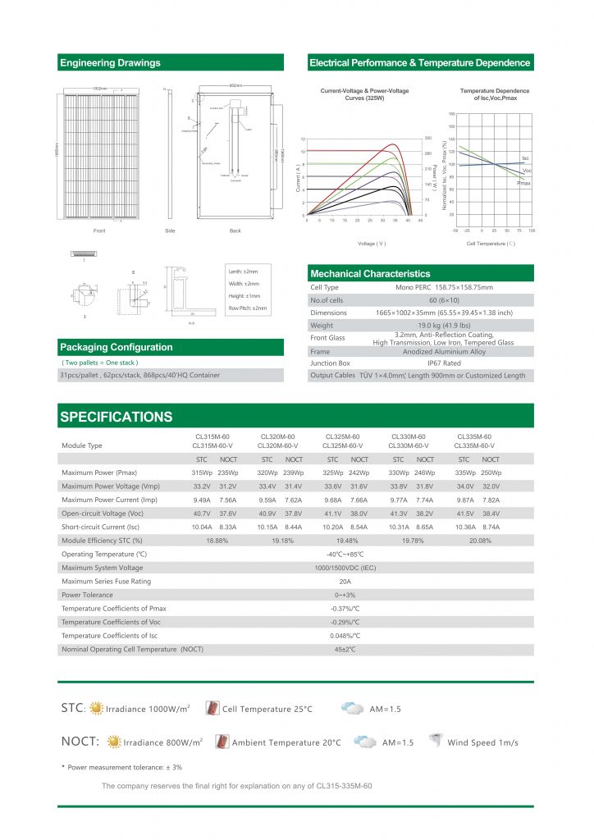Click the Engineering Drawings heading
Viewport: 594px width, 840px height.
click(x=110, y=63)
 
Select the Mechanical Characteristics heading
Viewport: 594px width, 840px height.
click(x=369, y=273)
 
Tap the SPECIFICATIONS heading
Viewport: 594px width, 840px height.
click(x=117, y=417)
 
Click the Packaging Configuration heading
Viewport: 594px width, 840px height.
click(x=117, y=347)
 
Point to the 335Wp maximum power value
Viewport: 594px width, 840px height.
click(x=464, y=473)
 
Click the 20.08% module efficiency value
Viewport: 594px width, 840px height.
click(x=479, y=541)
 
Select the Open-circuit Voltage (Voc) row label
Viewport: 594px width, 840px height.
click(x=106, y=514)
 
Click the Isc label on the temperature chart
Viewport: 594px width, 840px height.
click(x=525, y=157)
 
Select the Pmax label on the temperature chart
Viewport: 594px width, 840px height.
click(x=523, y=183)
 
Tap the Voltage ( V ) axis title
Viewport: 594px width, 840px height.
click(x=372, y=244)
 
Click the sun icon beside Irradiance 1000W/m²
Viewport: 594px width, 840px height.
click(x=97, y=708)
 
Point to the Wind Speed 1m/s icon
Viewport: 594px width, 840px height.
click(x=435, y=741)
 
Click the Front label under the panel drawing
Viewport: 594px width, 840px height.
click(x=99, y=231)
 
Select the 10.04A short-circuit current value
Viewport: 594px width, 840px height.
click(x=202, y=527)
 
